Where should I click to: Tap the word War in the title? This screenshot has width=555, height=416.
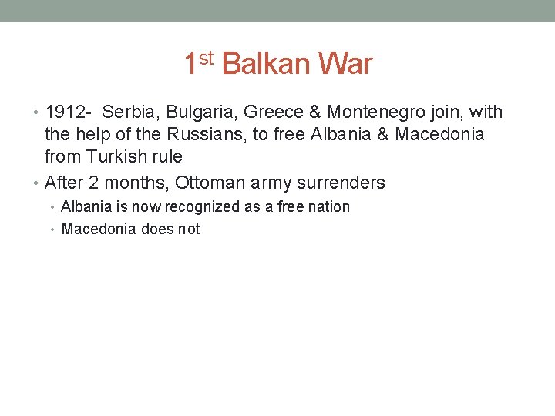344,64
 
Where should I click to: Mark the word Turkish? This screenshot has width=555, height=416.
115,157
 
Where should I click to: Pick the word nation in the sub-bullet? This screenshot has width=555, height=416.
329,206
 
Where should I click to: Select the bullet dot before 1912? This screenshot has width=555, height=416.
39,113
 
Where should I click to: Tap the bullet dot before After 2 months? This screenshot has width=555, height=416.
39,184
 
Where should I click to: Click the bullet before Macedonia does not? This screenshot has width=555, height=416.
55,230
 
